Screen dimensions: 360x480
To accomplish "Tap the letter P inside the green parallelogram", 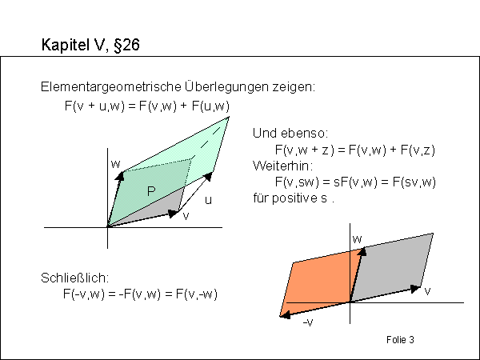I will coord(150,191).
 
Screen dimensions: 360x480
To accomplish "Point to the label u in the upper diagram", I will coord(208,200).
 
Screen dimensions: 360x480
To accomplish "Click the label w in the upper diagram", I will coord(116,164).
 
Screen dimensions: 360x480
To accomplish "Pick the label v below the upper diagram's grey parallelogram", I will coord(186,216).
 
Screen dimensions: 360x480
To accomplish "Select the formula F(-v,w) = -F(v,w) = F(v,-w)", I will coord(140,294).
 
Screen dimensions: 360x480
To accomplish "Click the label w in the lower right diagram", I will coord(358,239).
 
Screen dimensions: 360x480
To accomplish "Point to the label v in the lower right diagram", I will coord(428,292).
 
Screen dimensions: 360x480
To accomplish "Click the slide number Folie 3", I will coord(399,340).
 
